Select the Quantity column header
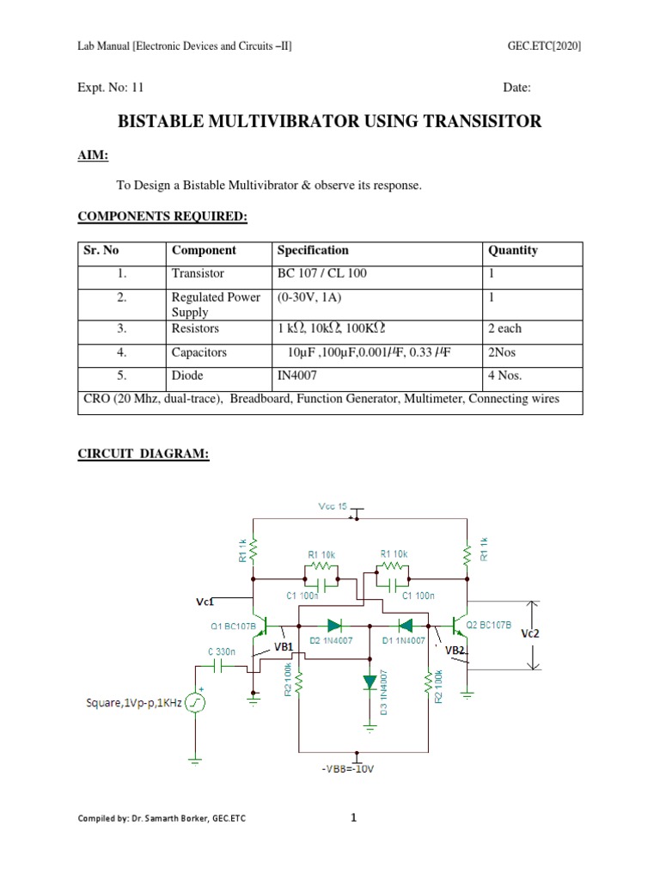coord(513,251)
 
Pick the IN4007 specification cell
coord(300,376)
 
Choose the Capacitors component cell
coord(199,352)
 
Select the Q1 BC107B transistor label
coord(232,625)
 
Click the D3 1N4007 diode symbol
coord(370,682)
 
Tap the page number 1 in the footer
coord(353,818)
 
